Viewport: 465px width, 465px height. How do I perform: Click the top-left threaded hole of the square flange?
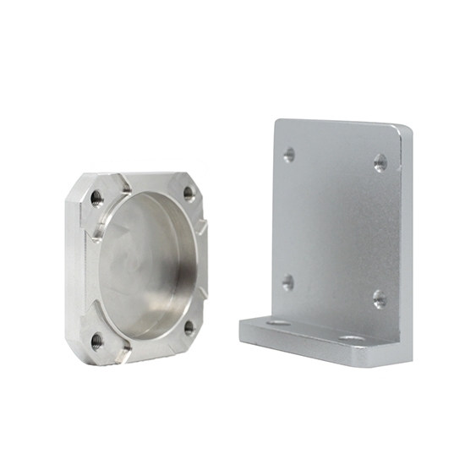[x=96, y=198]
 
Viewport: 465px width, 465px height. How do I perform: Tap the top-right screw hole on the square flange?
[x=189, y=193]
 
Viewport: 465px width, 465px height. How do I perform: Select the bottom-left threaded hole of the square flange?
[x=97, y=340]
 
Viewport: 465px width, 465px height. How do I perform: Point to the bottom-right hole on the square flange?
[x=189, y=325]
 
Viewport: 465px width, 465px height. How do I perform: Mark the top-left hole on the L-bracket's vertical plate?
[x=289, y=155]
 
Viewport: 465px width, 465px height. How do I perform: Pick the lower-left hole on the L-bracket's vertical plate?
[x=288, y=282]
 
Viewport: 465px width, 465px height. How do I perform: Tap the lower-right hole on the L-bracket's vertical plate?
[x=380, y=298]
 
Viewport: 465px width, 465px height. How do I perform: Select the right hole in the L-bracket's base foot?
[x=352, y=339]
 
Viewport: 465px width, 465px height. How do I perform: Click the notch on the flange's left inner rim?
[x=96, y=233]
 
